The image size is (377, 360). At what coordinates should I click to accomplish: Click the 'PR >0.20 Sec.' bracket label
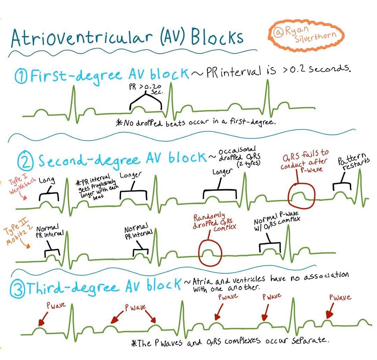146,89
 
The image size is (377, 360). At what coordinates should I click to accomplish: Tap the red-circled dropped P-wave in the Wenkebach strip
301,195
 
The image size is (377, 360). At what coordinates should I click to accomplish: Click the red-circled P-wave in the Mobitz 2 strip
210,253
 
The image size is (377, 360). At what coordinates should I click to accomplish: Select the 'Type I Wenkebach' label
21,183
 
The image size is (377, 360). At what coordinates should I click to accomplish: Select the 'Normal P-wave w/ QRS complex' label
277,221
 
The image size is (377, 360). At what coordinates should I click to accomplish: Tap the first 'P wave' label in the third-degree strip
56,305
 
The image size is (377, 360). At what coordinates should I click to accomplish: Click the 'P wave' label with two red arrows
135,307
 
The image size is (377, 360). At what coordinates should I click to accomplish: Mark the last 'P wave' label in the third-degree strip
340,297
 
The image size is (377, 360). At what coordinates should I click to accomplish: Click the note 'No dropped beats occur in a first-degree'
196,122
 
